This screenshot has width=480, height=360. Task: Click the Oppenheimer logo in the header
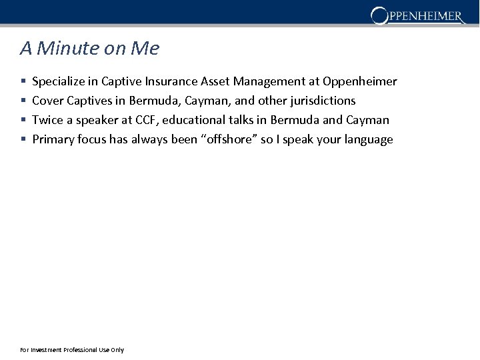(x=417, y=15)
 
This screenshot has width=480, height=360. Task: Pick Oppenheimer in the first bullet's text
(x=359, y=82)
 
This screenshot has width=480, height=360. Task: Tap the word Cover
(x=48, y=101)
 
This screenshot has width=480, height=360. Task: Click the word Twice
(x=47, y=121)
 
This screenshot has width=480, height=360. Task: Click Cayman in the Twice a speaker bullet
(x=367, y=121)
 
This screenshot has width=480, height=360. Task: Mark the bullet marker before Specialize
(x=23, y=82)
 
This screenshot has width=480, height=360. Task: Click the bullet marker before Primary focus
(x=23, y=140)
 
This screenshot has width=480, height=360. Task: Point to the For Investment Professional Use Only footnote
(x=72, y=350)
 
